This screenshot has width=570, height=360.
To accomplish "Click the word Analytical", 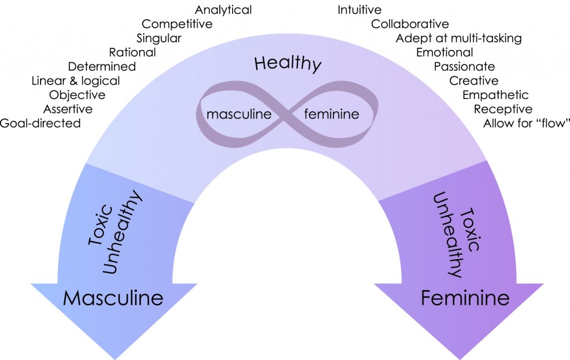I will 223,10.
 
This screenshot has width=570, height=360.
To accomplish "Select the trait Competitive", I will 177,24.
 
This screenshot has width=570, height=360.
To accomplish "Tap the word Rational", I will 132,53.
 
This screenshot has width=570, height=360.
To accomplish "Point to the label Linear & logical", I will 76,81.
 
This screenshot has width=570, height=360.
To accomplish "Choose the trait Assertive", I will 68,109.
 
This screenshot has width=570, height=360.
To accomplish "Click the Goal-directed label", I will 40,124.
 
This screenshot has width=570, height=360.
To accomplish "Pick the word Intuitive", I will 360,10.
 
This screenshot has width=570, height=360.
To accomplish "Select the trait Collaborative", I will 410,24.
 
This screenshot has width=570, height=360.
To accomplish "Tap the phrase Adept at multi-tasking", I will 459,38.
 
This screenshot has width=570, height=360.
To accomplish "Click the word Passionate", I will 464,67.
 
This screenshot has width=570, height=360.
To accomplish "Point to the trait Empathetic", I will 495,95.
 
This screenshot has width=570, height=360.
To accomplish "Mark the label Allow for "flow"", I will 526,124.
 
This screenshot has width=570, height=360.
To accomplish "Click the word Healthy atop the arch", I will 288,63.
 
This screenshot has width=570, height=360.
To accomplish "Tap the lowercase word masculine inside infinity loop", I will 239,115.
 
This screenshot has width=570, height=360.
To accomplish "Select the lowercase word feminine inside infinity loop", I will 331,115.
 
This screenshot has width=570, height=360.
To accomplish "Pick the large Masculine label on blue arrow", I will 113,298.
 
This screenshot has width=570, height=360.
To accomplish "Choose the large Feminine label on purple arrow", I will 465,298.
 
